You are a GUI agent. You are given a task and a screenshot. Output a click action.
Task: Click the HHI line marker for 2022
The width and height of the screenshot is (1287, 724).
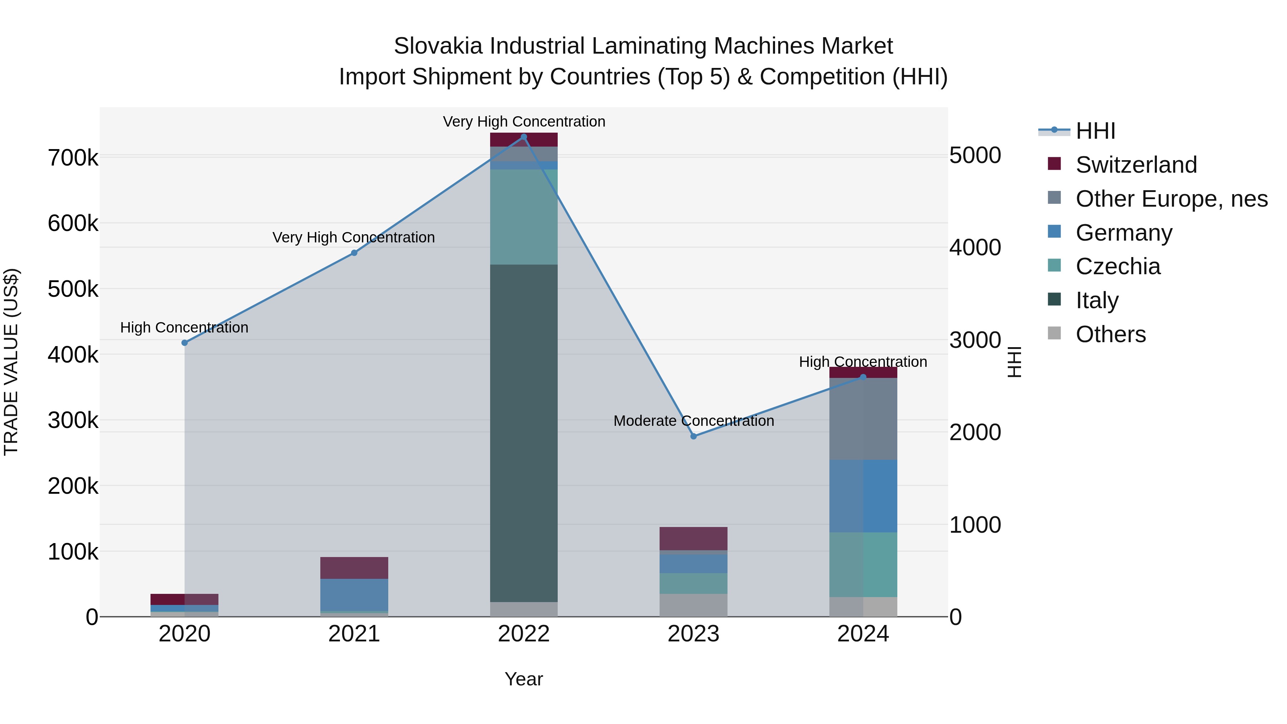524,137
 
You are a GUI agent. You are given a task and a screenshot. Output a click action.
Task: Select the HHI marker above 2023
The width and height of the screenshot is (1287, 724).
694,436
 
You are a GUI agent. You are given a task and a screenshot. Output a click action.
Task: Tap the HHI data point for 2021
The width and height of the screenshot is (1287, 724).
354,253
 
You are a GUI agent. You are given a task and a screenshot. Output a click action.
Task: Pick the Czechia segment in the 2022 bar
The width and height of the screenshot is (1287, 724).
524,217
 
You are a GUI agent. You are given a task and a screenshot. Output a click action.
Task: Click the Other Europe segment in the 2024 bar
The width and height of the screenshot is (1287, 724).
863,419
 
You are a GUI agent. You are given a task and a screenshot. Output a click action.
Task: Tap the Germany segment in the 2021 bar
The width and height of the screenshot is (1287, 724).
354,595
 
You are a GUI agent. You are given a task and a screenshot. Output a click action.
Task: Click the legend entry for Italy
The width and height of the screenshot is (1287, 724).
1097,300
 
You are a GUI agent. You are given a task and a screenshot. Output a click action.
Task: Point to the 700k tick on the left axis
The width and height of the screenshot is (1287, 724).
73,158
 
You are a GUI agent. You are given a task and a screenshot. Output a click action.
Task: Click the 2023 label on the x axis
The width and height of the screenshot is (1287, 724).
694,634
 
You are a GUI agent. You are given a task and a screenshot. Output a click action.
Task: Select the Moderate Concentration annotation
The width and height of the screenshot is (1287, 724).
694,421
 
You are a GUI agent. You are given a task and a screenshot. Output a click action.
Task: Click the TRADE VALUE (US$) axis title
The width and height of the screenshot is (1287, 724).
11,362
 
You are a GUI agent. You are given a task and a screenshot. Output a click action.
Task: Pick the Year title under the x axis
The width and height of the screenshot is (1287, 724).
524,679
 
